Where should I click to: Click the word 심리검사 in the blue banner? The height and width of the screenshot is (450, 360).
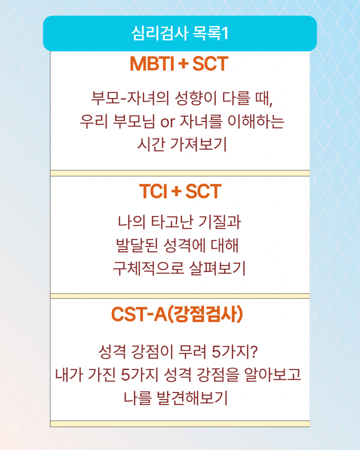(160, 33)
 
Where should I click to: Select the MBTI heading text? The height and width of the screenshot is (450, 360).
(152, 63)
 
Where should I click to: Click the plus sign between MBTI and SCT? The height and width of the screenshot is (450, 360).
(183, 63)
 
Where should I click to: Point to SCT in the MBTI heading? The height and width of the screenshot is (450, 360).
(211, 63)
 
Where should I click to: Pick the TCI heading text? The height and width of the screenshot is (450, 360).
(153, 191)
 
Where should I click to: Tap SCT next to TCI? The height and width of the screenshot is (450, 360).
(204, 191)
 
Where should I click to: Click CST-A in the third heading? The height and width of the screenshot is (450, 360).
(139, 314)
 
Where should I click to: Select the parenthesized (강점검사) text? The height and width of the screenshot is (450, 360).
(205, 314)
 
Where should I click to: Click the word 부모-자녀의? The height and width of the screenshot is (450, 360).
(130, 98)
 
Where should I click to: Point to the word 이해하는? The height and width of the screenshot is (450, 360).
(256, 121)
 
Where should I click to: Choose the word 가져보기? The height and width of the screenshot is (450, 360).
(198, 144)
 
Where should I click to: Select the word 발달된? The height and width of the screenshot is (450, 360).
(137, 245)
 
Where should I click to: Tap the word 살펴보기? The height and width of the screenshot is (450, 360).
(217, 269)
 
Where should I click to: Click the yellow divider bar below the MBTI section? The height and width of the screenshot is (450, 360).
(180, 173)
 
